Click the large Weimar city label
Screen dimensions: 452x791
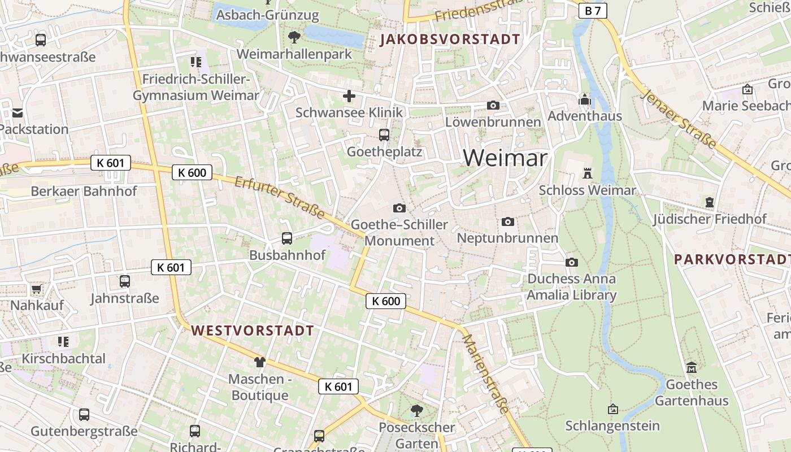click(x=505, y=158)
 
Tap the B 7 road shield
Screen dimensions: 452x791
click(x=592, y=11)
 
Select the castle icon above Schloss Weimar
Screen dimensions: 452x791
click(x=588, y=173)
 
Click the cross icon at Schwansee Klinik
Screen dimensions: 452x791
click(x=349, y=96)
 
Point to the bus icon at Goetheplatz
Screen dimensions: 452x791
click(x=384, y=135)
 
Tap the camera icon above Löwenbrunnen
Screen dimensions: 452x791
click(x=493, y=106)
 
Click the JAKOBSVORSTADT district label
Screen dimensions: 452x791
click(x=450, y=40)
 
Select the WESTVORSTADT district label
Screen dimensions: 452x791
click(x=252, y=331)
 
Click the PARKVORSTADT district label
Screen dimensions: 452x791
click(x=732, y=259)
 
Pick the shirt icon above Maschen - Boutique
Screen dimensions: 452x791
click(x=259, y=362)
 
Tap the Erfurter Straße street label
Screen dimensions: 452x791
click(x=280, y=198)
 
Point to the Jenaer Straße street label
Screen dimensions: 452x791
click(x=678, y=119)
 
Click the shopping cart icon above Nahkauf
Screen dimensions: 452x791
click(x=37, y=289)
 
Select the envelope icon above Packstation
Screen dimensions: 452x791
click(x=17, y=113)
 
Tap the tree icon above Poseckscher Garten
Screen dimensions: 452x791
click(x=416, y=410)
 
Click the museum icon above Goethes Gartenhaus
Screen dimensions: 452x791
click(x=691, y=368)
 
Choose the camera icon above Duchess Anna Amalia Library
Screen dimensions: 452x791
click(x=572, y=262)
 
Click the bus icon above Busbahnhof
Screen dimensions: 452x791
click(x=287, y=238)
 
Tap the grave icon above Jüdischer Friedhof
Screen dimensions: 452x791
click(x=710, y=202)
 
